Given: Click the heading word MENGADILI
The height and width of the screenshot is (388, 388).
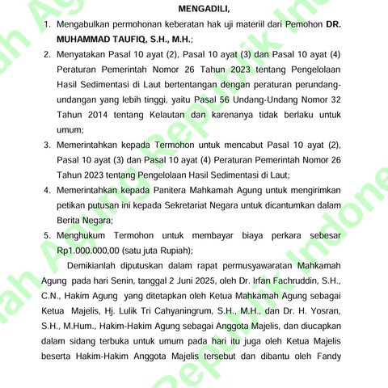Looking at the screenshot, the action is pyautogui.click(x=210, y=9).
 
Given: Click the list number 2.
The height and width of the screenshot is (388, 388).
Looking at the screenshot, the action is pyautogui.click(x=46, y=55).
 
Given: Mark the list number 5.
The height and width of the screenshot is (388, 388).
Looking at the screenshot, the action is pyautogui.click(x=46, y=235).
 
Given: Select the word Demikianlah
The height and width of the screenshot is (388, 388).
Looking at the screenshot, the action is pyautogui.click(x=98, y=266).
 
